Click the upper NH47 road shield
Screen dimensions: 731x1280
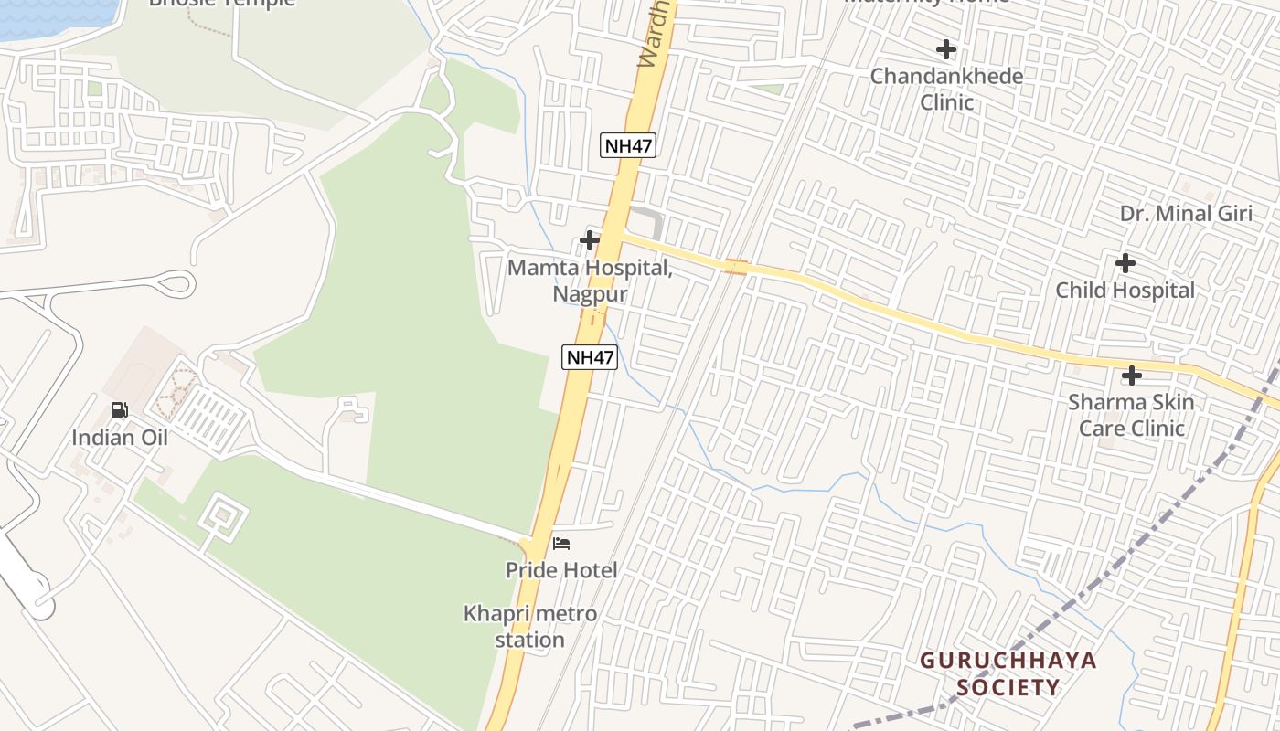pyautogui.click(x=629, y=144)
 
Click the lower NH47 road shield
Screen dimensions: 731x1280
pyautogui.click(x=590, y=356)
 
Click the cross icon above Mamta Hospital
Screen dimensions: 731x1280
pyautogui.click(x=590, y=240)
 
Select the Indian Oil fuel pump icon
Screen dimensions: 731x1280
pyautogui.click(x=120, y=410)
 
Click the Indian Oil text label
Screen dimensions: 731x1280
pyautogui.click(x=120, y=437)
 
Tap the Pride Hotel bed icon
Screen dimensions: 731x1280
pyautogui.click(x=561, y=544)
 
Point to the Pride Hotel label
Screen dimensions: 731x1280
pyautogui.click(x=561, y=570)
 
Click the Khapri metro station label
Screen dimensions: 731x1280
pyautogui.click(x=530, y=626)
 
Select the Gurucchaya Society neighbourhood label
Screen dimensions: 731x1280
pyautogui.click(x=1008, y=673)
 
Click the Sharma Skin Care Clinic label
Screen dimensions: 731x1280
pyautogui.click(x=1131, y=415)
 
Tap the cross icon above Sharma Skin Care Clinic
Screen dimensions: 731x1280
pyautogui.click(x=1131, y=375)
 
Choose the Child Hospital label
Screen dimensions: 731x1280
pyautogui.click(x=1125, y=290)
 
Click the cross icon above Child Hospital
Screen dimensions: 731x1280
pyautogui.click(x=1125, y=263)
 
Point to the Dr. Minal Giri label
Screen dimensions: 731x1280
pyautogui.click(x=1186, y=213)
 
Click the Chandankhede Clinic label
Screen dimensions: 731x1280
pyautogui.click(x=946, y=89)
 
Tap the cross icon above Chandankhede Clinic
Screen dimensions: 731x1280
pyautogui.click(x=946, y=48)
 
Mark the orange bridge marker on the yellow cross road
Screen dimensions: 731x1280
pyautogui.click(x=736, y=266)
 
